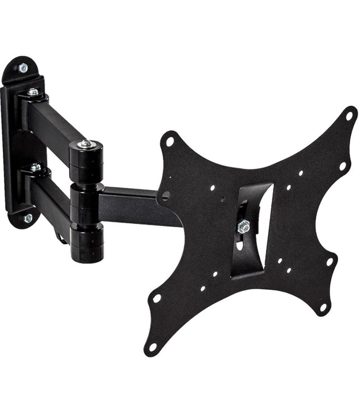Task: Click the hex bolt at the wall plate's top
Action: [23, 67]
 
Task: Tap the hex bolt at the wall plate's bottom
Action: [28, 218]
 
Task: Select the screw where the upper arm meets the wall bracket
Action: [33, 93]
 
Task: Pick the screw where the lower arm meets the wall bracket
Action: [35, 167]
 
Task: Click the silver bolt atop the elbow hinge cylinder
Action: [86, 144]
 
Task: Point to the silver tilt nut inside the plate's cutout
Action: [243, 225]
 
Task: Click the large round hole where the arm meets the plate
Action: [166, 195]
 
